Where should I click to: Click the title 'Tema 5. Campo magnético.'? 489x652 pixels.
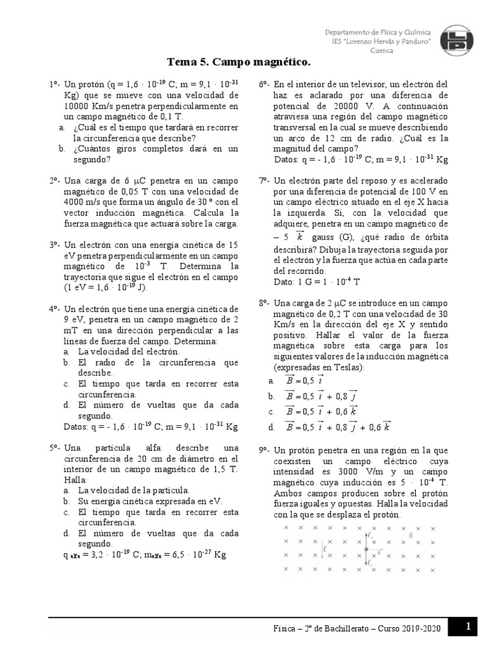pos(239,62)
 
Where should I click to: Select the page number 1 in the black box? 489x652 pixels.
pos(468,627)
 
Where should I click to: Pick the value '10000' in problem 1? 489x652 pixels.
pos(79,106)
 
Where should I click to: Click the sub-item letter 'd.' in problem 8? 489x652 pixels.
pos(272,427)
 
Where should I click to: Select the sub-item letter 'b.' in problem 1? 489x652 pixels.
pos(62,149)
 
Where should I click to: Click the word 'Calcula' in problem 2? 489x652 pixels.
pos(214,213)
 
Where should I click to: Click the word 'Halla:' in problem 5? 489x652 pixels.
pos(75,479)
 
